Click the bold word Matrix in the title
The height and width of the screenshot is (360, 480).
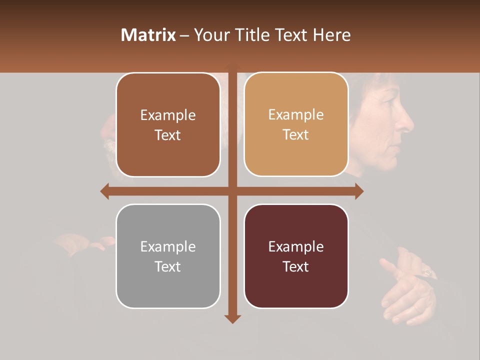(x=148, y=35)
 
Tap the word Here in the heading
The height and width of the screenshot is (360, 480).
(x=332, y=35)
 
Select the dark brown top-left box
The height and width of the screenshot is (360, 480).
(x=168, y=125)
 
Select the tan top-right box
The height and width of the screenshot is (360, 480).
(x=296, y=124)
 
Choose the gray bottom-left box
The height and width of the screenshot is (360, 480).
(x=168, y=256)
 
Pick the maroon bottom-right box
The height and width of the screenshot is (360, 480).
(x=296, y=256)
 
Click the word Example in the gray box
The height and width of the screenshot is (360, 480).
(x=168, y=246)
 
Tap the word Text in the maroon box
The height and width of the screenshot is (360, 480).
(x=296, y=266)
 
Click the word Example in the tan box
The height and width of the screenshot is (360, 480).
(x=296, y=114)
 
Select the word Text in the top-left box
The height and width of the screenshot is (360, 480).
(x=168, y=135)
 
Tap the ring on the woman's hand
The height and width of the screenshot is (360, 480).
(x=428, y=273)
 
